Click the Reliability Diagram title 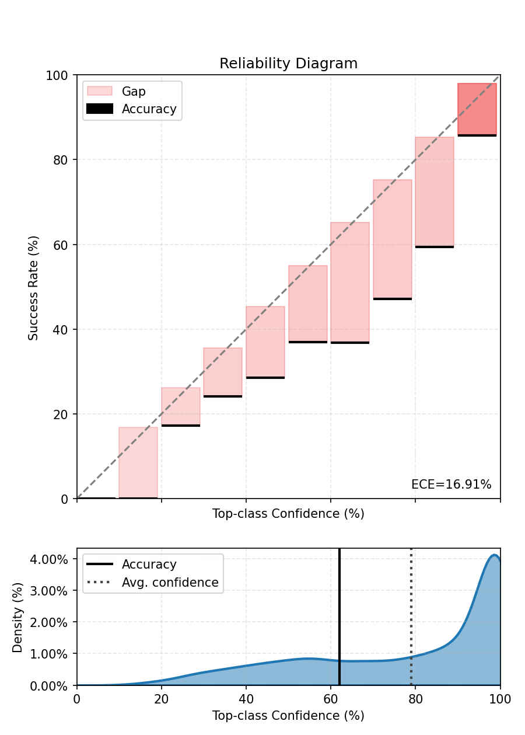point(288,64)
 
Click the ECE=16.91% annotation point(451,485)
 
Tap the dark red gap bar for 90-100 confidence point(477,109)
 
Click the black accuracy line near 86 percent point(477,135)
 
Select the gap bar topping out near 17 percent point(138,462)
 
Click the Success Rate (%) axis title point(34,287)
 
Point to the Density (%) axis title point(18,617)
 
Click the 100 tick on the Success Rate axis point(60,75)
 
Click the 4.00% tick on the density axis point(52,559)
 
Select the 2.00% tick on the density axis point(52,622)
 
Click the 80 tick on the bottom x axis point(415,698)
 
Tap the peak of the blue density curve point(494,555)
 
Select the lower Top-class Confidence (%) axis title point(288,716)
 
